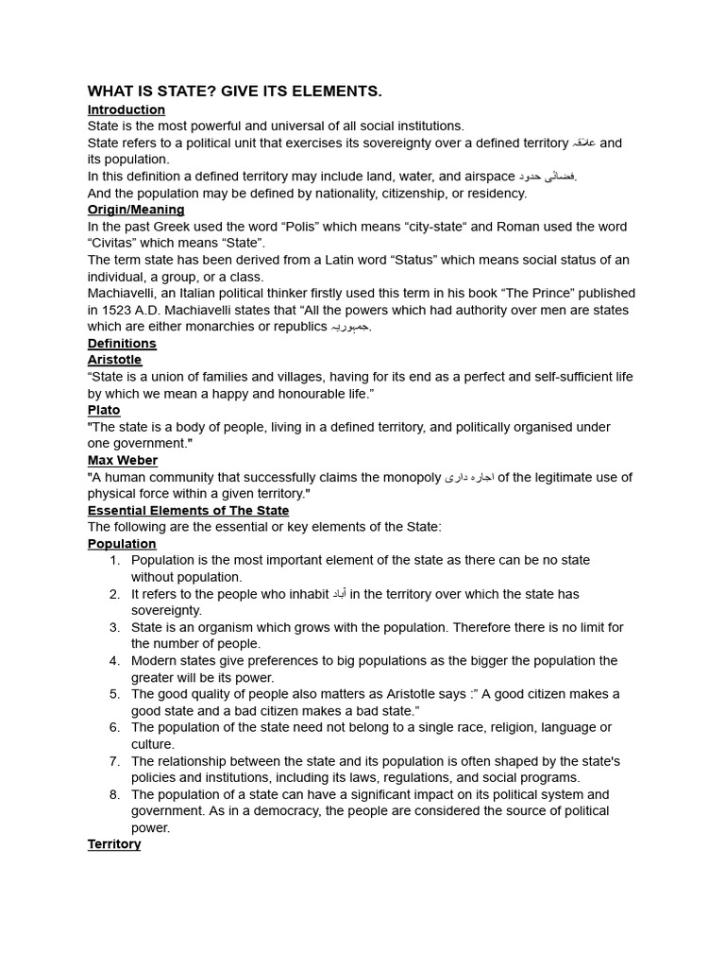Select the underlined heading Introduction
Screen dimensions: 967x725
click(126, 110)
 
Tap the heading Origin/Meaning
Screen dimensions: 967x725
click(136, 210)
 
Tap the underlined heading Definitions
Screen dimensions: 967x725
click(122, 343)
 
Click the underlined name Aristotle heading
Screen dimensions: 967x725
click(114, 360)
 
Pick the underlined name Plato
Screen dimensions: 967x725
click(104, 410)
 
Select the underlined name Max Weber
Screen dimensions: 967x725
click(123, 460)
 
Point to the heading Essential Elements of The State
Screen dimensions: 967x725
click(188, 510)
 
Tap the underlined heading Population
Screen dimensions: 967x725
click(122, 544)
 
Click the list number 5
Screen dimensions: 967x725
click(114, 694)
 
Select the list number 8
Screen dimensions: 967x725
click(114, 794)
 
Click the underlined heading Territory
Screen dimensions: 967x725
click(114, 844)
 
